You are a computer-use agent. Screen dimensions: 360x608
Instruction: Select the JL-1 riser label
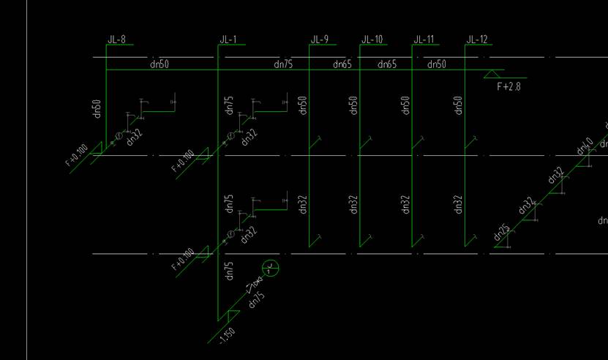228,40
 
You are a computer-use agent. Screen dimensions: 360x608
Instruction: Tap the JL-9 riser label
320,40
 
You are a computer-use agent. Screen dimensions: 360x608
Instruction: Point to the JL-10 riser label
372,40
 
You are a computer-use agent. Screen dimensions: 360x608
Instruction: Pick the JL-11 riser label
424,40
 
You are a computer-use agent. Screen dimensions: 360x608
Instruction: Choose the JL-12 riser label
476,40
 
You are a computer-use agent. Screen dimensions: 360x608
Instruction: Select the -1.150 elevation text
227,336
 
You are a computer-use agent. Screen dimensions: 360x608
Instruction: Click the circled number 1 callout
271,269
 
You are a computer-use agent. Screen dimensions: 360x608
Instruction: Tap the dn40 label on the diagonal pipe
585,146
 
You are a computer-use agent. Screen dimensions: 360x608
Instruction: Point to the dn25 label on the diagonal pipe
501,233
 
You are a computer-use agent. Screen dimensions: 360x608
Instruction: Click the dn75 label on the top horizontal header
283,64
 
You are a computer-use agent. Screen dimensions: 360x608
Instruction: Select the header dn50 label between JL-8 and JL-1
159,64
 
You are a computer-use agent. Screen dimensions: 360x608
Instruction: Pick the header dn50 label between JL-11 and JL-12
436,64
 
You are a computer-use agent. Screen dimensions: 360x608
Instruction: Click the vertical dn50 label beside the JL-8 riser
97,107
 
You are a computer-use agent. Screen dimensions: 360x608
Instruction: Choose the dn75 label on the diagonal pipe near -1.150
257,300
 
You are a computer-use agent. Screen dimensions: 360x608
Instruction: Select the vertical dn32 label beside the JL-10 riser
353,204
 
